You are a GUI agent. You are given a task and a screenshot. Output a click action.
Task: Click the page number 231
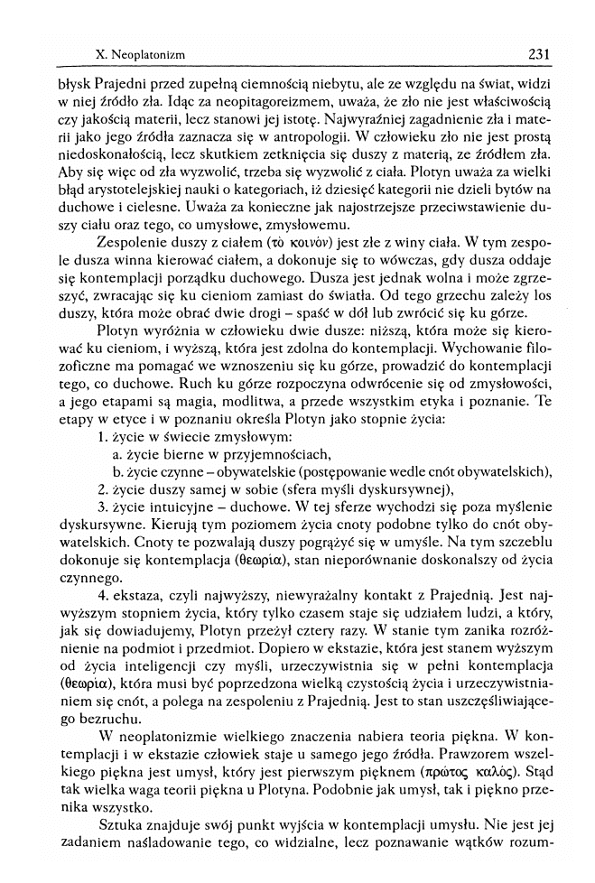[x=539, y=55]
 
